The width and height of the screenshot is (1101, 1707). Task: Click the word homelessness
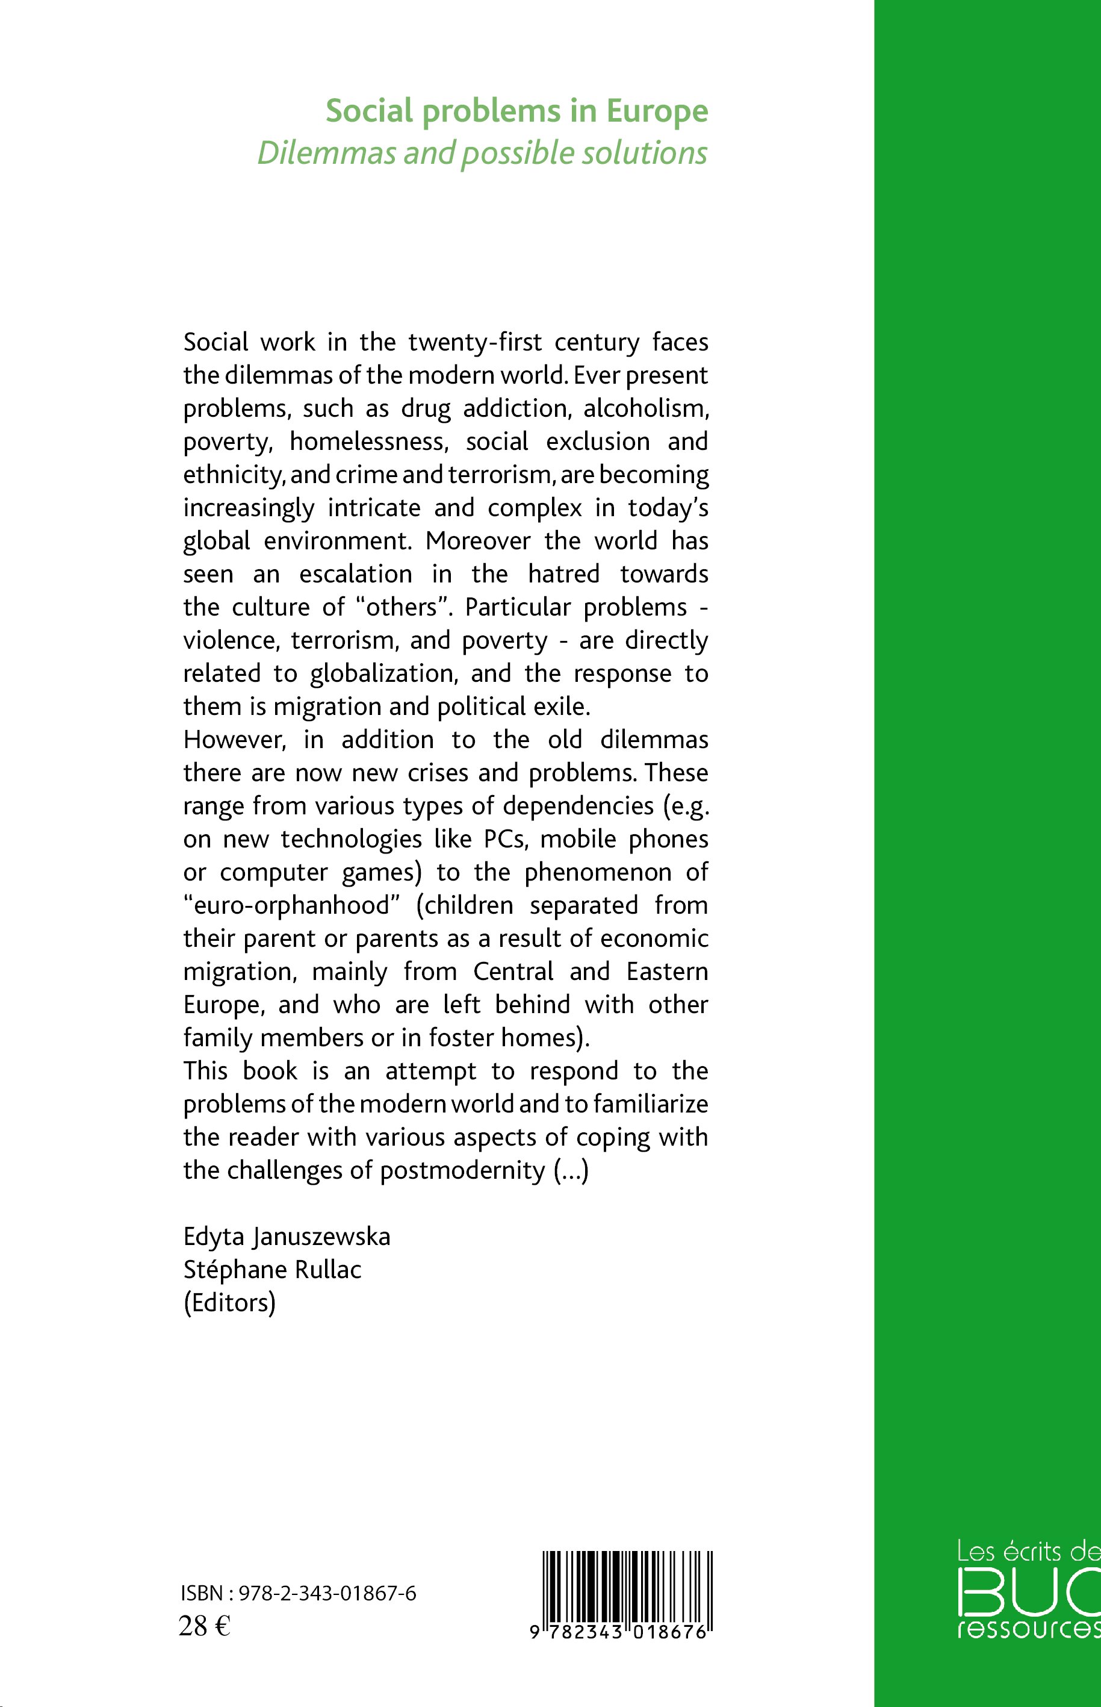point(369,442)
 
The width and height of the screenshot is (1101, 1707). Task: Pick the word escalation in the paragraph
point(355,575)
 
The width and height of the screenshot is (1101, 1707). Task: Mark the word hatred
point(563,575)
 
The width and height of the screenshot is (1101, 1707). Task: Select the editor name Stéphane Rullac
point(272,1270)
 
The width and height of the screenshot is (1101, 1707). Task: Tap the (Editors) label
point(229,1303)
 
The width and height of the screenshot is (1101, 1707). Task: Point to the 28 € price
point(203,1626)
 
